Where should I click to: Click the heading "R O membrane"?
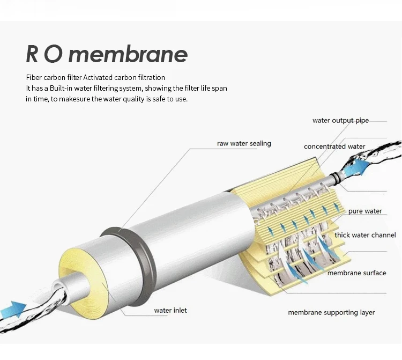click(107, 54)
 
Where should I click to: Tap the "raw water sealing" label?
click(244, 144)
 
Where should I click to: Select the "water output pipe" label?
click(340, 121)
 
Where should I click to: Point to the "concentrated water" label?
click(334, 146)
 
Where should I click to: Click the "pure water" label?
click(365, 211)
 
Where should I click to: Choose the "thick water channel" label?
click(365, 235)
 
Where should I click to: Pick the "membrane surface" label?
click(356, 273)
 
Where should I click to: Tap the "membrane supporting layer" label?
click(331, 312)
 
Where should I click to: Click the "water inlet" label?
click(170, 310)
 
